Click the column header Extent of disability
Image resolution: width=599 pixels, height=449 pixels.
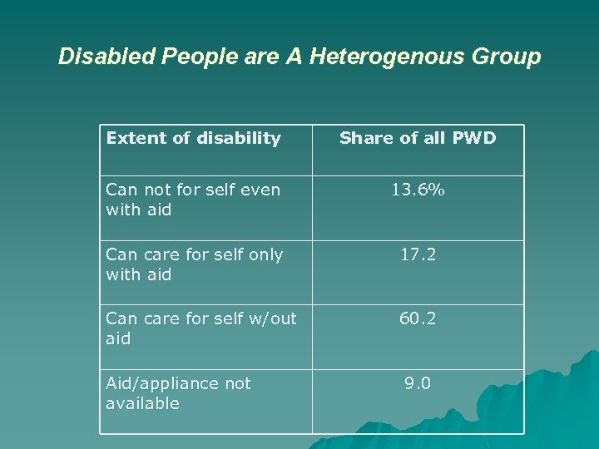coord(193,138)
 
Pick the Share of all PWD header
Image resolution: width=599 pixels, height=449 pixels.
coord(418,138)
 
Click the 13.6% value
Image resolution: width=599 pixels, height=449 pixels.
coord(418,190)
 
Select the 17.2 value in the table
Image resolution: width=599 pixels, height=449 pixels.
coord(418,254)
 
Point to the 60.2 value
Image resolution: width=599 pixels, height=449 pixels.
coord(418,318)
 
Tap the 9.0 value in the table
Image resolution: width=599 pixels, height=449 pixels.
coord(418,383)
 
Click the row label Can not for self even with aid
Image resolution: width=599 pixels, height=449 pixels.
coord(193,200)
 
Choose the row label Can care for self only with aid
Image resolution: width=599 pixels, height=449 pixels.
coord(194,264)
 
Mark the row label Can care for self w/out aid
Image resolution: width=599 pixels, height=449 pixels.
coord(200,328)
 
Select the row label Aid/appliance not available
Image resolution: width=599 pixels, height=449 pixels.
coord(178,393)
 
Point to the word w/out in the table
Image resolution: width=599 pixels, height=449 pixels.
coord(272,318)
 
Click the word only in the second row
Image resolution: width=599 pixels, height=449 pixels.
coord(265,254)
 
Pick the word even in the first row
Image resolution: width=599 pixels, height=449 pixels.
coord(260,190)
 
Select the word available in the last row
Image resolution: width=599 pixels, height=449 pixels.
coord(142,403)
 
